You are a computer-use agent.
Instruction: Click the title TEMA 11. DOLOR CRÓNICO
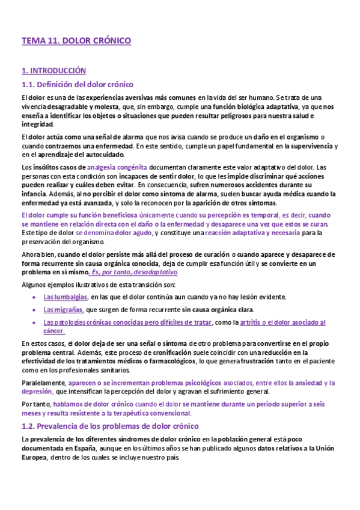[x=76, y=41]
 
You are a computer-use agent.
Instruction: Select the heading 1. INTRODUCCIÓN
[x=53, y=71]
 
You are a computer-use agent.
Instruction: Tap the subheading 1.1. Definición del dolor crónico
[x=77, y=84]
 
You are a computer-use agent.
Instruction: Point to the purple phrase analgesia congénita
[x=117, y=167]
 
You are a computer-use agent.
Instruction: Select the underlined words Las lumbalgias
[x=66, y=296]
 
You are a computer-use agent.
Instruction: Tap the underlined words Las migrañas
[x=64, y=310]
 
